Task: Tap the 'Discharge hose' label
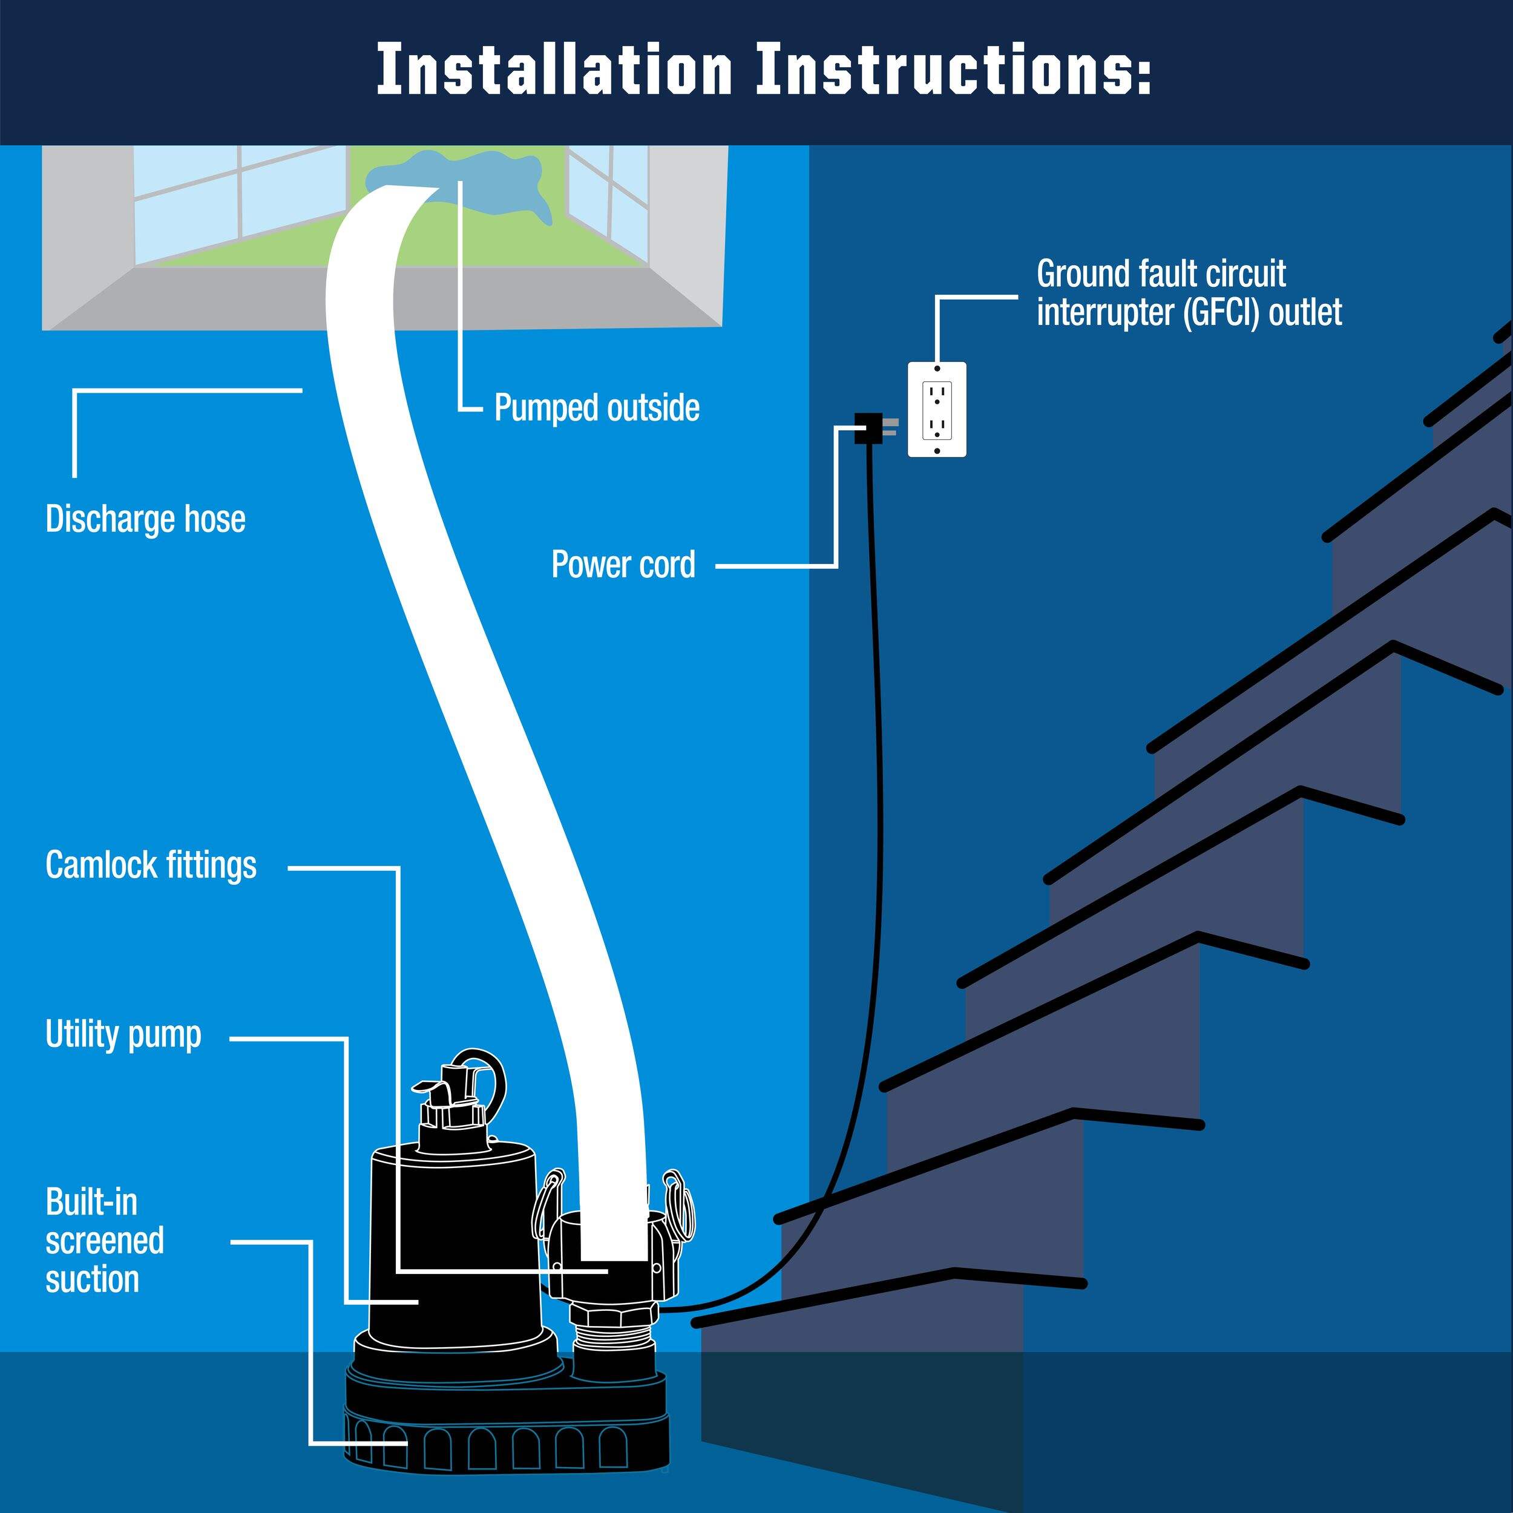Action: point(146,519)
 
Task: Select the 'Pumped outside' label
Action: point(597,408)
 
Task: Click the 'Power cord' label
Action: point(623,565)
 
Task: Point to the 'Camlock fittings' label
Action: point(151,865)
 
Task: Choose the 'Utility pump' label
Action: point(123,1034)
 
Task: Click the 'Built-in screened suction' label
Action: point(104,1241)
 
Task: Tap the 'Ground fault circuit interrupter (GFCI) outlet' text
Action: point(1188,293)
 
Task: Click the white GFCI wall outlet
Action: point(937,409)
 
